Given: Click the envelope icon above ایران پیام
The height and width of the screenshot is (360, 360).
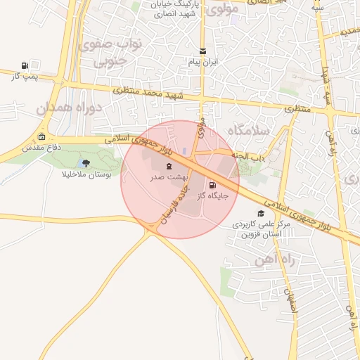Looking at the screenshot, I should [203, 51].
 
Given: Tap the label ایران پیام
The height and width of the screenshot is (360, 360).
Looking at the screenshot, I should [203, 62].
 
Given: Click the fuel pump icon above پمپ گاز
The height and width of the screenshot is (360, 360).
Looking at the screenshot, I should [26, 64].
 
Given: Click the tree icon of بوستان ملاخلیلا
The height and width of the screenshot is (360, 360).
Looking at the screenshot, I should [86, 163].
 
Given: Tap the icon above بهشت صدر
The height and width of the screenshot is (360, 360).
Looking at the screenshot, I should [169, 166].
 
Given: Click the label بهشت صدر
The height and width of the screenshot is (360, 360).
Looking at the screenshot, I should [167, 177].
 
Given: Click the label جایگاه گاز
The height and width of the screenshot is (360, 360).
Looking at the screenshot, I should [214, 197].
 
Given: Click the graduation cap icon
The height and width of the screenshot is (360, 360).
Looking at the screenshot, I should [261, 213].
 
